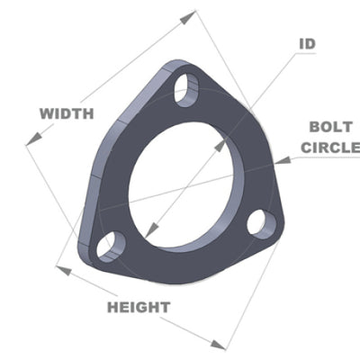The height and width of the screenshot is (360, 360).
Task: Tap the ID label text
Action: [x=306, y=42]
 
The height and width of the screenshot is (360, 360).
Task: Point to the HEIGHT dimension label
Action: [x=139, y=307]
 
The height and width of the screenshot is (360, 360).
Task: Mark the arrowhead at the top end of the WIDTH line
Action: [x=192, y=15]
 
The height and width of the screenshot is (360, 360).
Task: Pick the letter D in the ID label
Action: [x=310, y=42]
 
